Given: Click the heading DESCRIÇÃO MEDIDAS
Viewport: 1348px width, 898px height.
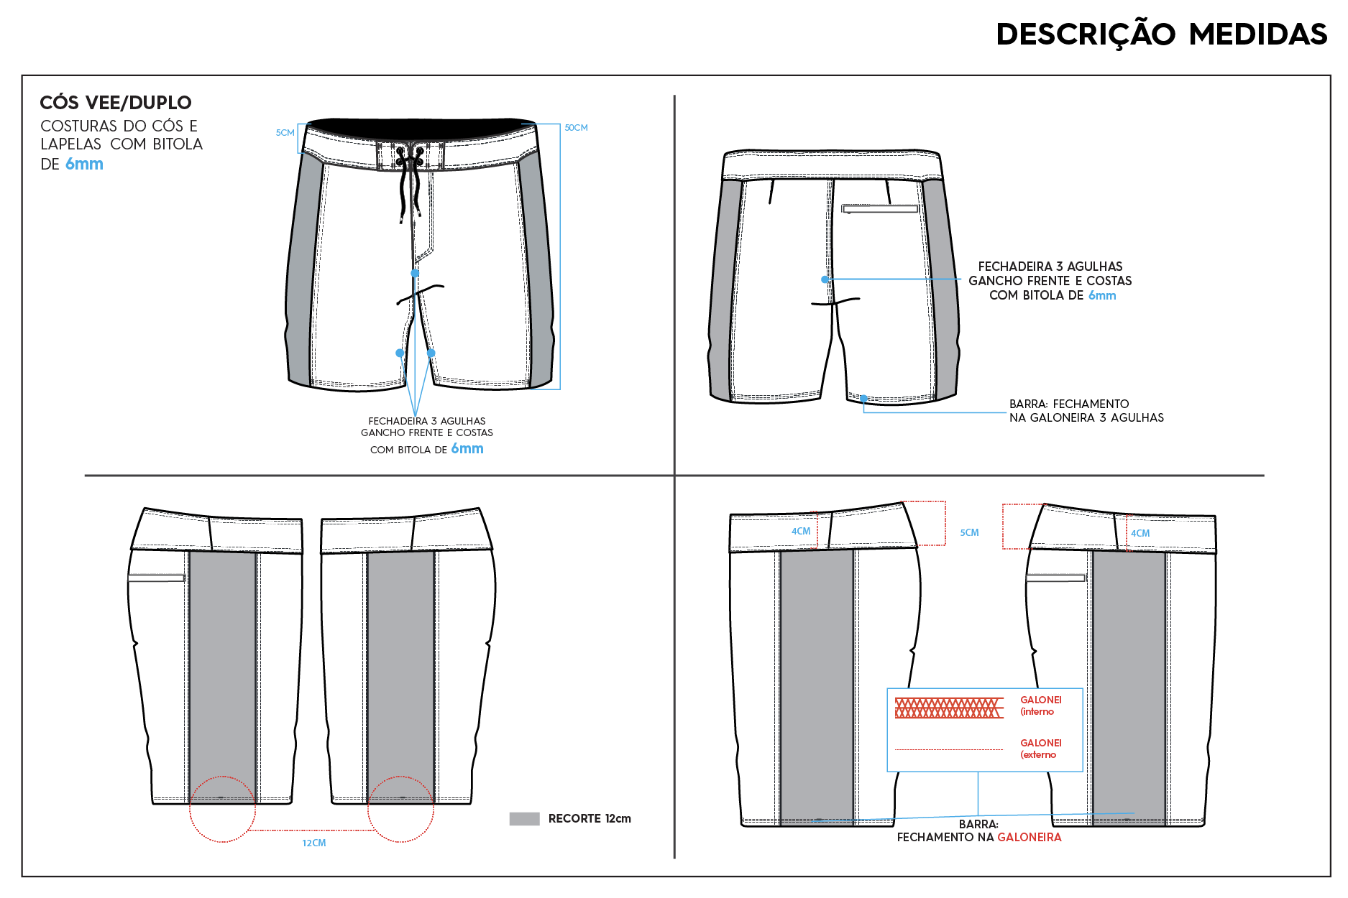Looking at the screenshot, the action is point(1161,34).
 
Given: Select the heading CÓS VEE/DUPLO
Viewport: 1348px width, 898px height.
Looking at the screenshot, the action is point(116,103).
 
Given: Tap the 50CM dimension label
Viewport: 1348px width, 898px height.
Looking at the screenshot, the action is point(576,128).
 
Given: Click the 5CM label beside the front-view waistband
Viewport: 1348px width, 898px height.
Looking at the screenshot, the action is point(285,133).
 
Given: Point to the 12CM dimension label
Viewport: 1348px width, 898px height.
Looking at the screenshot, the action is point(314,843).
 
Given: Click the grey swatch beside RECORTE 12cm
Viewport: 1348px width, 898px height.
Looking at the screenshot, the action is point(524,818).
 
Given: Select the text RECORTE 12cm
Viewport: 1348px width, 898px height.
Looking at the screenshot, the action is point(590,818).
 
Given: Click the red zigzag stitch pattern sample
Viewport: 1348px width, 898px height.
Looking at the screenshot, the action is point(949,708).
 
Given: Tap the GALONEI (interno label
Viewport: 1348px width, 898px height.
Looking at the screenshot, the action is point(1040,705).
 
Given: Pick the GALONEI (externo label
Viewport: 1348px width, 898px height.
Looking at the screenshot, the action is point(1040,749).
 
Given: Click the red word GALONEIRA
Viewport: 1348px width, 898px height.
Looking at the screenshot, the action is point(1029,837).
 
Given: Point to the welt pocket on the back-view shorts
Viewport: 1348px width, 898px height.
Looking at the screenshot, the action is point(880,209).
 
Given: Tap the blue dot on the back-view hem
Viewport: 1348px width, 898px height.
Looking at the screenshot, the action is point(863,398).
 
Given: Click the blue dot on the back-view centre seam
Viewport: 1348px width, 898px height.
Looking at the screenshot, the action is point(825,279).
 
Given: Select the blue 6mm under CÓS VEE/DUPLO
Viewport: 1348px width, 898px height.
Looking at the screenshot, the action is point(84,164).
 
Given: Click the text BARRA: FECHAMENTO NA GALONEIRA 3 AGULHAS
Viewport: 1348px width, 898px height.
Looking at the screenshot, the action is point(1086,411).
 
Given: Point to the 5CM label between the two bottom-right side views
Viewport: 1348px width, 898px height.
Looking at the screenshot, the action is point(969,533).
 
